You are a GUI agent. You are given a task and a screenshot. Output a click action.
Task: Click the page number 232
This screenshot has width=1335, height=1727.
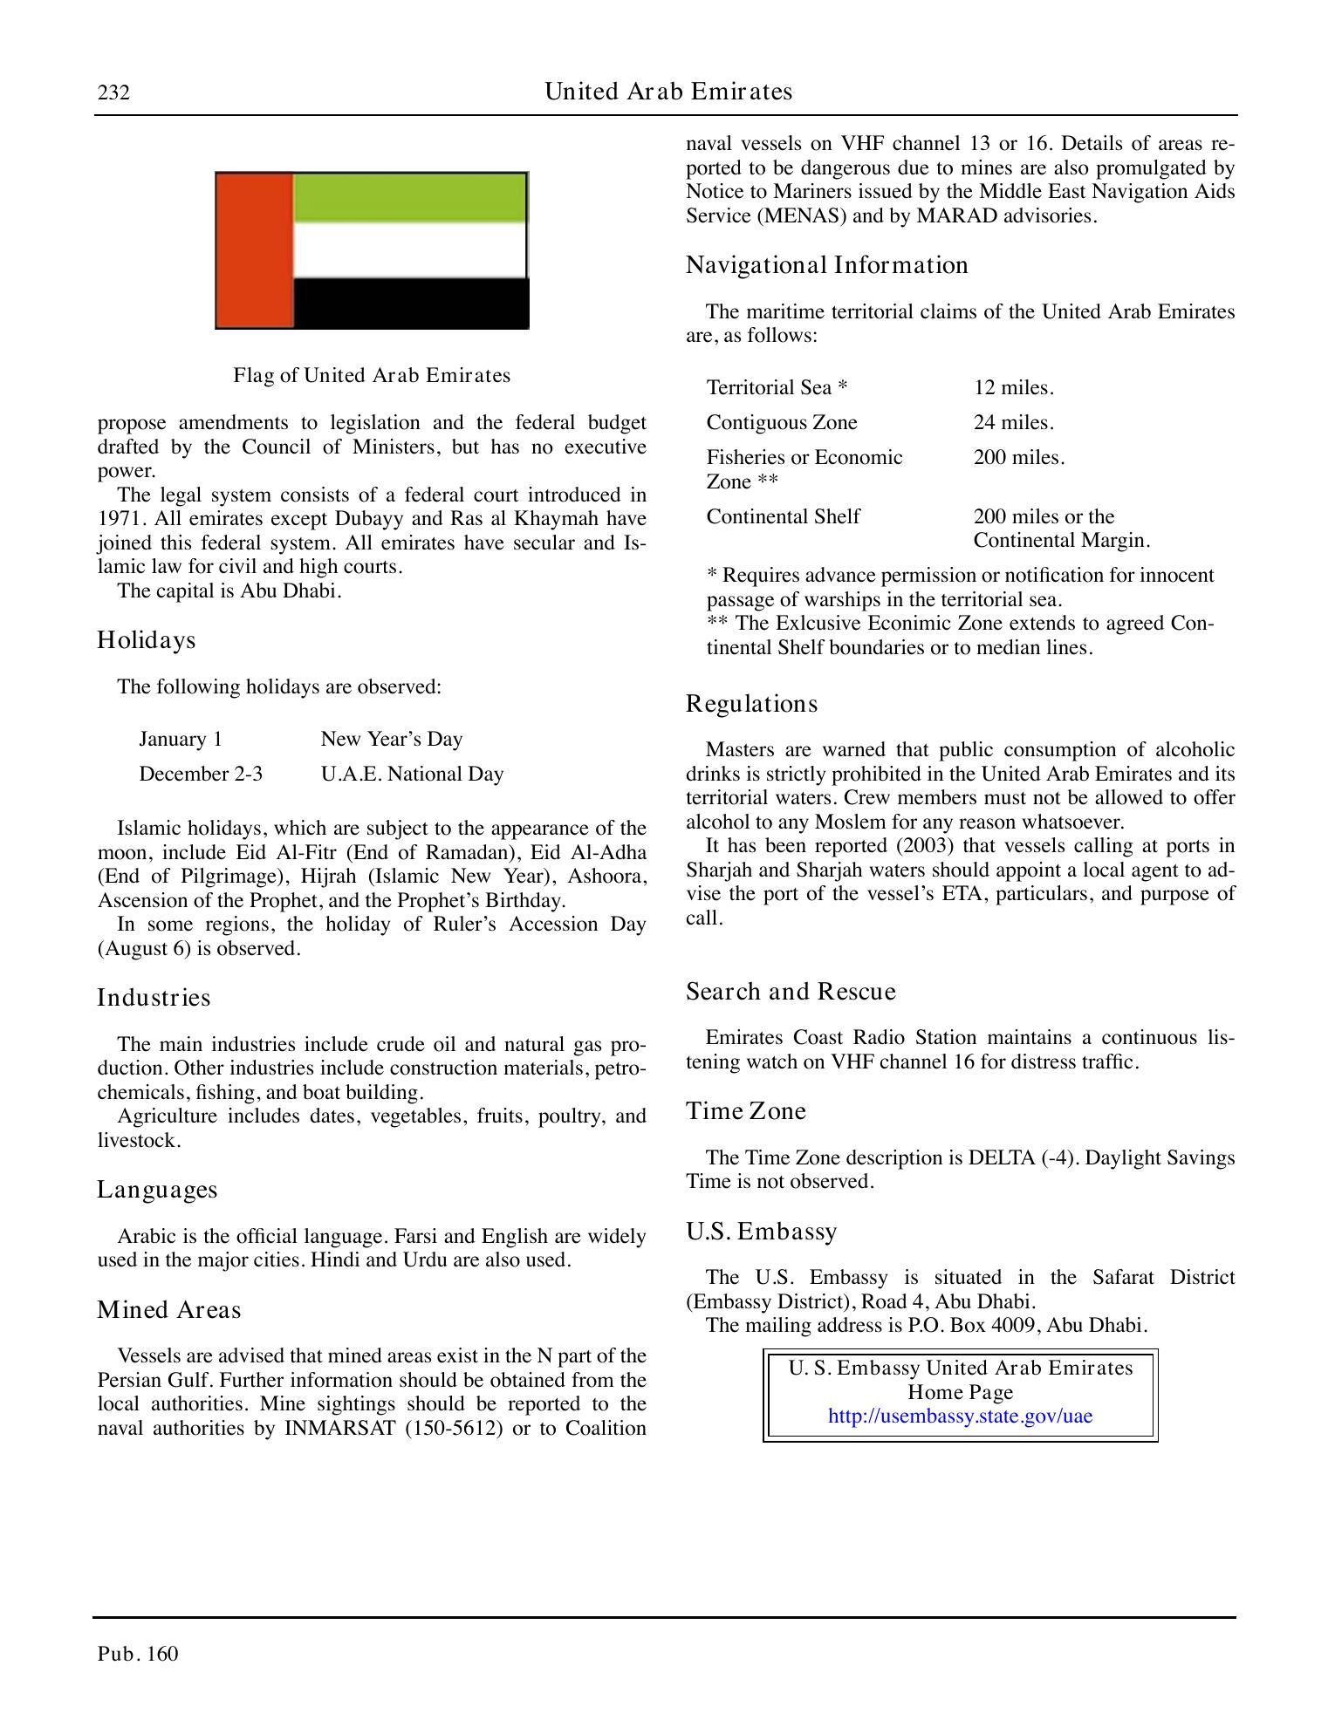point(113,92)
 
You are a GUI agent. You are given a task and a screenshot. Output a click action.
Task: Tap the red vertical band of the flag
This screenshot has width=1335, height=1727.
point(254,250)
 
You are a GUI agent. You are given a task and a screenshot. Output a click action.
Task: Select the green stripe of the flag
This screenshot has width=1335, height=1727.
point(409,197)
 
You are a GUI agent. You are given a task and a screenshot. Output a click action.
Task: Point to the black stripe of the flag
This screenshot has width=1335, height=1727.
point(409,303)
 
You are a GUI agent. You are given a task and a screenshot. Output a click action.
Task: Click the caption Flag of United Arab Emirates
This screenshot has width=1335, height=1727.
point(372,376)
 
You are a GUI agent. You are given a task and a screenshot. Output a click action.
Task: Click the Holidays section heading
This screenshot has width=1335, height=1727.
point(147,640)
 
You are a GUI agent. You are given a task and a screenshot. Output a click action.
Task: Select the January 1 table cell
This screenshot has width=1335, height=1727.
point(181,740)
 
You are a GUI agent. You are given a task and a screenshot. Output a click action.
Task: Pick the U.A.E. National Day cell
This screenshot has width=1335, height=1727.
point(412,775)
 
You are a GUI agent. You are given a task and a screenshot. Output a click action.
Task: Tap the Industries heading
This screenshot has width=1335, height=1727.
point(154,998)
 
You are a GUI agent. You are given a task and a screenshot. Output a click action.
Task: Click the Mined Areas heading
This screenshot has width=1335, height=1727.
point(168,1310)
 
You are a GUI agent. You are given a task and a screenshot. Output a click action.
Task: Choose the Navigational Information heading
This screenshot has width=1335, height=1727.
point(826,265)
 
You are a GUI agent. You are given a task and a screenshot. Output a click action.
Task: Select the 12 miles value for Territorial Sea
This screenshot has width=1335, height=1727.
point(1013,387)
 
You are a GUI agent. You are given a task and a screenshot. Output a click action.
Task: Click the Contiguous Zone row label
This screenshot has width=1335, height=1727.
point(781,423)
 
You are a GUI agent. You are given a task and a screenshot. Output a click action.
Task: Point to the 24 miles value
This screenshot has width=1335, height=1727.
point(1013,423)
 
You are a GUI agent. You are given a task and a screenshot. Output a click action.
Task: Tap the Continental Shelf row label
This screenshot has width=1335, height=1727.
point(783,516)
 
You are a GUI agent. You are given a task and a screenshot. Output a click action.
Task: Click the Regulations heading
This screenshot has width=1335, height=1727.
point(751,704)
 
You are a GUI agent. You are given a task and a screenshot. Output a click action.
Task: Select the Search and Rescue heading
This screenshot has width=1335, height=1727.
point(791,992)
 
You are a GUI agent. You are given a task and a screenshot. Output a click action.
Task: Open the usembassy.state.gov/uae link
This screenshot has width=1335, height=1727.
point(960,1416)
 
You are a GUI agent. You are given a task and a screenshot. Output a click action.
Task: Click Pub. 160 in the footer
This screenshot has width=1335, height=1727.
point(138,1654)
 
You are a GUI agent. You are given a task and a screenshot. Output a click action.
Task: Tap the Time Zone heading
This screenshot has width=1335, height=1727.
point(745,1111)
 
